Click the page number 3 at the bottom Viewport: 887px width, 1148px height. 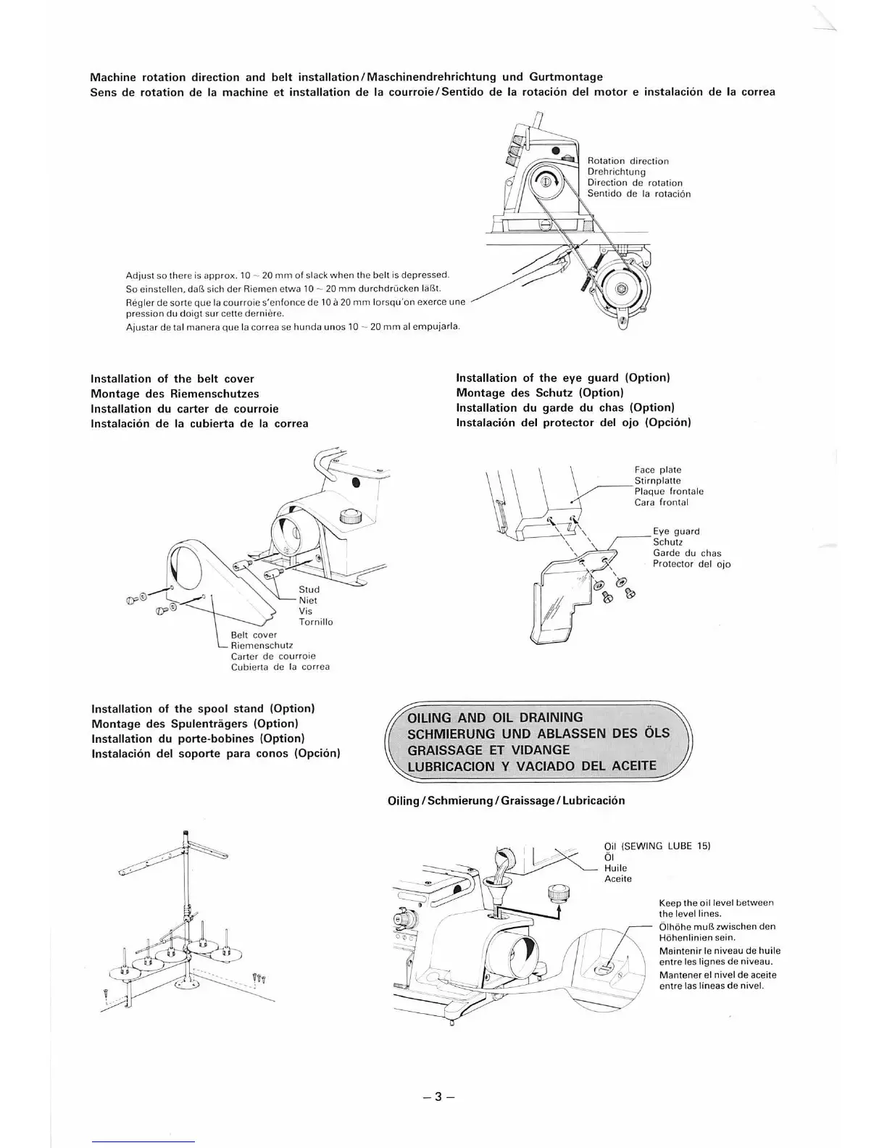(437, 1096)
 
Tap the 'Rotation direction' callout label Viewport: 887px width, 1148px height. (628, 161)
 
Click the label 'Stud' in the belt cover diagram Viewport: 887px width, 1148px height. (309, 589)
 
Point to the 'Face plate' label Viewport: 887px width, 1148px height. (657, 470)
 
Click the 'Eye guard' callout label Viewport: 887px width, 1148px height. (675, 531)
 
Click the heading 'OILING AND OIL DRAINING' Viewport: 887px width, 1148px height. (495, 717)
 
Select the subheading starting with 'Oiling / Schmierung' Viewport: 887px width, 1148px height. (506, 800)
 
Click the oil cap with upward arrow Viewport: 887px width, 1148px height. (558, 893)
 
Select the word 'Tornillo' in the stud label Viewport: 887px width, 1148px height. (316, 622)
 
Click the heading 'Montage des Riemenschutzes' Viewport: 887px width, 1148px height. (175, 394)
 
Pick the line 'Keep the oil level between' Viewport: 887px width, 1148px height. (716, 902)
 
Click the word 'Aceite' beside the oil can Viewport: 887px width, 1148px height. (617, 878)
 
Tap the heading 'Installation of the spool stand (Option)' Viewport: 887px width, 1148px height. (203, 708)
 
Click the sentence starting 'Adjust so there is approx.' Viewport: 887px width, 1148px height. (288, 275)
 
